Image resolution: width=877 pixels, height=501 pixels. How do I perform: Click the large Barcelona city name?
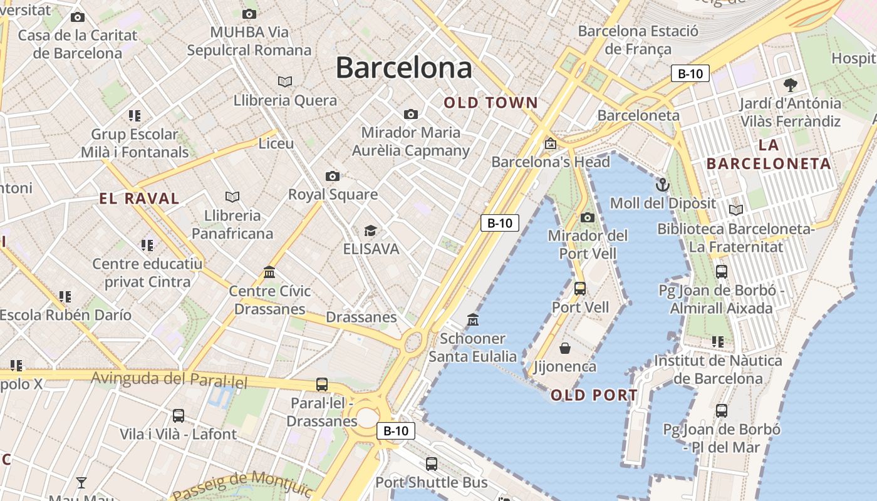point(404,68)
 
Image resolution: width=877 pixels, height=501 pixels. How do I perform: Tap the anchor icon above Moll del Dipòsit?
point(662,185)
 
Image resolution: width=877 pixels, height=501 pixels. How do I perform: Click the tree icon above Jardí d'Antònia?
point(791,85)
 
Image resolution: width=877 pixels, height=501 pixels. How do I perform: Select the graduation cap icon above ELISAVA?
point(371,231)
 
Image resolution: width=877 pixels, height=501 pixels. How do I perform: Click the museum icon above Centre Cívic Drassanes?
point(270,272)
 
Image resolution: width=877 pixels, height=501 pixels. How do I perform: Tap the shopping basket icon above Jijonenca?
point(565,348)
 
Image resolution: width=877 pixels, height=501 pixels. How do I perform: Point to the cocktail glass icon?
point(81,482)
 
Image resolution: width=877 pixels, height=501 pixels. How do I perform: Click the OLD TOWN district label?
point(491,103)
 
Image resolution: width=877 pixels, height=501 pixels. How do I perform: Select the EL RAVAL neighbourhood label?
point(139,199)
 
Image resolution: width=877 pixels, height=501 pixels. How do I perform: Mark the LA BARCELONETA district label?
point(769,155)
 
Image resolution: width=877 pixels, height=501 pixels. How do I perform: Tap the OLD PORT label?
point(594,395)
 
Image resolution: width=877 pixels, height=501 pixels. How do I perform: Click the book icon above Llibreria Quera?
point(285,81)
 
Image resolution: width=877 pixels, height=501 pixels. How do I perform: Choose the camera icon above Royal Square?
point(333,176)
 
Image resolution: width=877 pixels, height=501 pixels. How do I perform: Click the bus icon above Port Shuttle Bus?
point(431,464)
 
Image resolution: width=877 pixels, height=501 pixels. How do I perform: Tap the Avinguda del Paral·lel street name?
point(169,380)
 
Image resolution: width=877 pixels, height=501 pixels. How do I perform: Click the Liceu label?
point(276,143)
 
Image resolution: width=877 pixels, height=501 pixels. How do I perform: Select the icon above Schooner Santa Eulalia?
point(473,320)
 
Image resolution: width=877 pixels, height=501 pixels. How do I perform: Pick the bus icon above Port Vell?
point(580,289)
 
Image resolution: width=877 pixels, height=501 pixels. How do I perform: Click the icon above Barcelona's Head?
point(550,143)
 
